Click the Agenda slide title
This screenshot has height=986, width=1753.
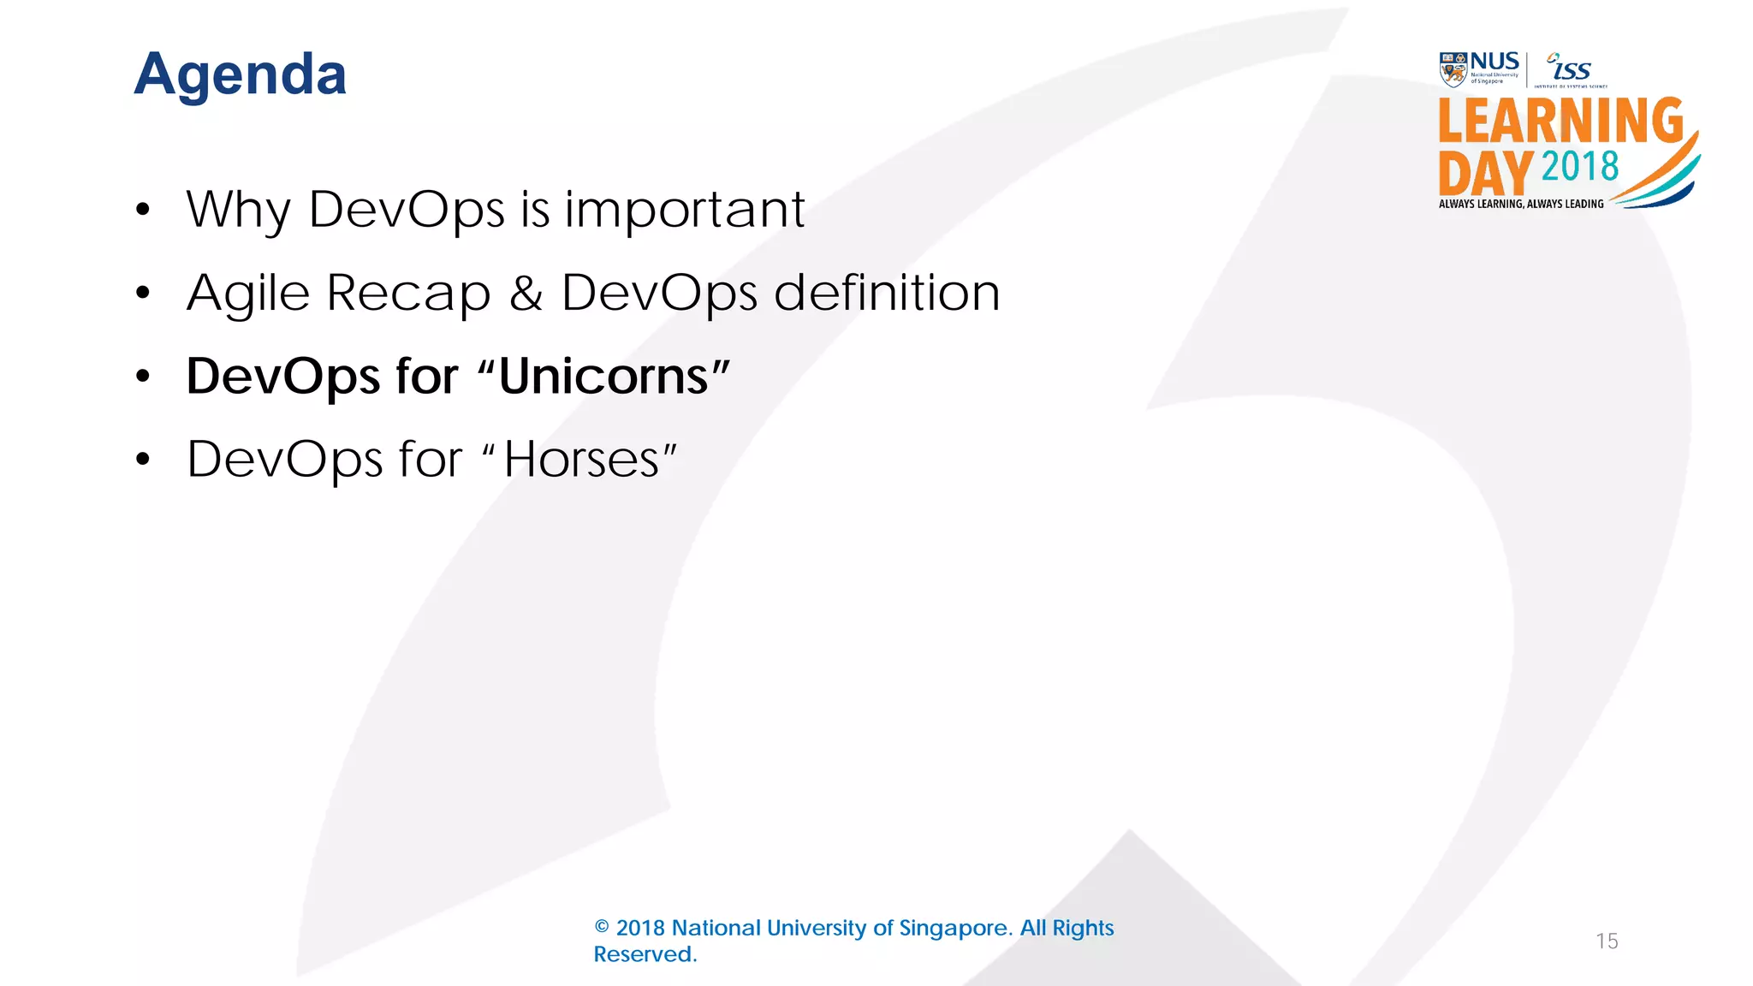pos(241,75)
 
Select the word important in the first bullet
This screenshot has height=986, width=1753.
pos(684,209)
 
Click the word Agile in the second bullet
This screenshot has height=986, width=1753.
pos(247,294)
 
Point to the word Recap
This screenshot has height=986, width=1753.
pos(408,293)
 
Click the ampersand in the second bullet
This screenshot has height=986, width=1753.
pos(526,293)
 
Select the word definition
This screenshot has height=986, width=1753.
pos(887,293)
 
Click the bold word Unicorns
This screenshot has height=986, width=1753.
pos(603,377)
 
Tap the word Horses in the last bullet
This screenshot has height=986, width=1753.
pos(581,460)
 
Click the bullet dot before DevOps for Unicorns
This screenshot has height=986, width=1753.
pos(143,376)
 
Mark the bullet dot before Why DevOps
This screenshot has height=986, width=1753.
pos(143,209)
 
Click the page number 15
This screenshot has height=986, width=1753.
pos(1607,941)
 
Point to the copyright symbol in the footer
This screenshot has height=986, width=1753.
pos(602,928)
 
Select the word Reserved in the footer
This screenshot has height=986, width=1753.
pos(645,954)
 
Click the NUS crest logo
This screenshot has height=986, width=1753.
pos(1453,69)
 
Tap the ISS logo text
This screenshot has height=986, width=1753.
pos(1572,68)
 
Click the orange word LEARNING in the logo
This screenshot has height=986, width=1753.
pos(1560,121)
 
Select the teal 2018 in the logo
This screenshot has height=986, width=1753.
pos(1580,166)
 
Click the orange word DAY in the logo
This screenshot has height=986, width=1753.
pos(1486,174)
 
